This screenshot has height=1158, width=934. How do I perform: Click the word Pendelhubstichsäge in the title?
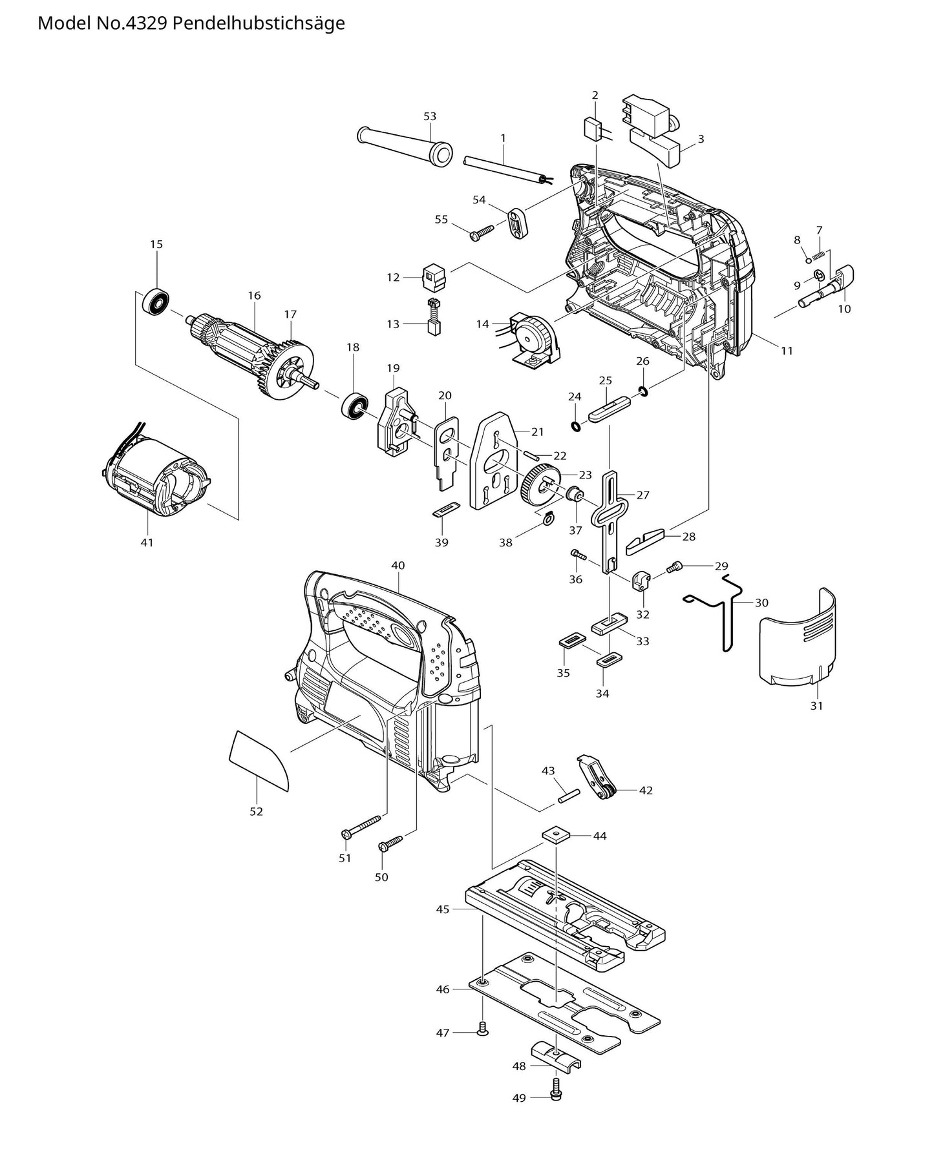coord(259,23)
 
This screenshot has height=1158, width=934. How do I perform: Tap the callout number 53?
coord(430,116)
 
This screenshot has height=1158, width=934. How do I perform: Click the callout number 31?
coord(817,706)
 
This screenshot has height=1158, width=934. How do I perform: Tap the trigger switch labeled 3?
coord(653,136)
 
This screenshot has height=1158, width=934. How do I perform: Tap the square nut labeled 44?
coord(553,834)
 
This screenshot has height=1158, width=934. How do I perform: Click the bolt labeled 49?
coord(556,1093)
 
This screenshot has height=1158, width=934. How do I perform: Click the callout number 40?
coord(398,565)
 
